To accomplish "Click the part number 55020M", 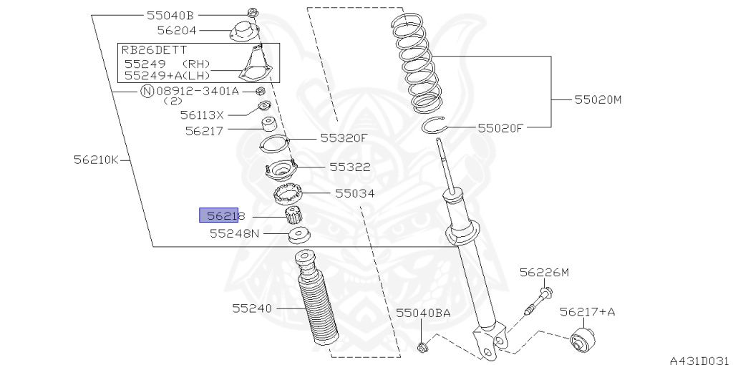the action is pyautogui.click(x=598, y=99).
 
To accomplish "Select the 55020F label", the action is pyautogui.click(x=500, y=128).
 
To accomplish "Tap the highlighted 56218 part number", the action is pyautogui.click(x=225, y=215).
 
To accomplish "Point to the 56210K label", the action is pyautogui.click(x=97, y=160).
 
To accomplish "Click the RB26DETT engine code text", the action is pyautogui.click(x=155, y=50).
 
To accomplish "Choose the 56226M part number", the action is pyautogui.click(x=545, y=272).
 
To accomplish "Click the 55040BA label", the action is pyautogui.click(x=424, y=313).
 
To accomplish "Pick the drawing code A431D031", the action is pyautogui.click(x=701, y=360).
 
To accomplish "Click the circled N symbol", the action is pyautogui.click(x=147, y=91).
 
